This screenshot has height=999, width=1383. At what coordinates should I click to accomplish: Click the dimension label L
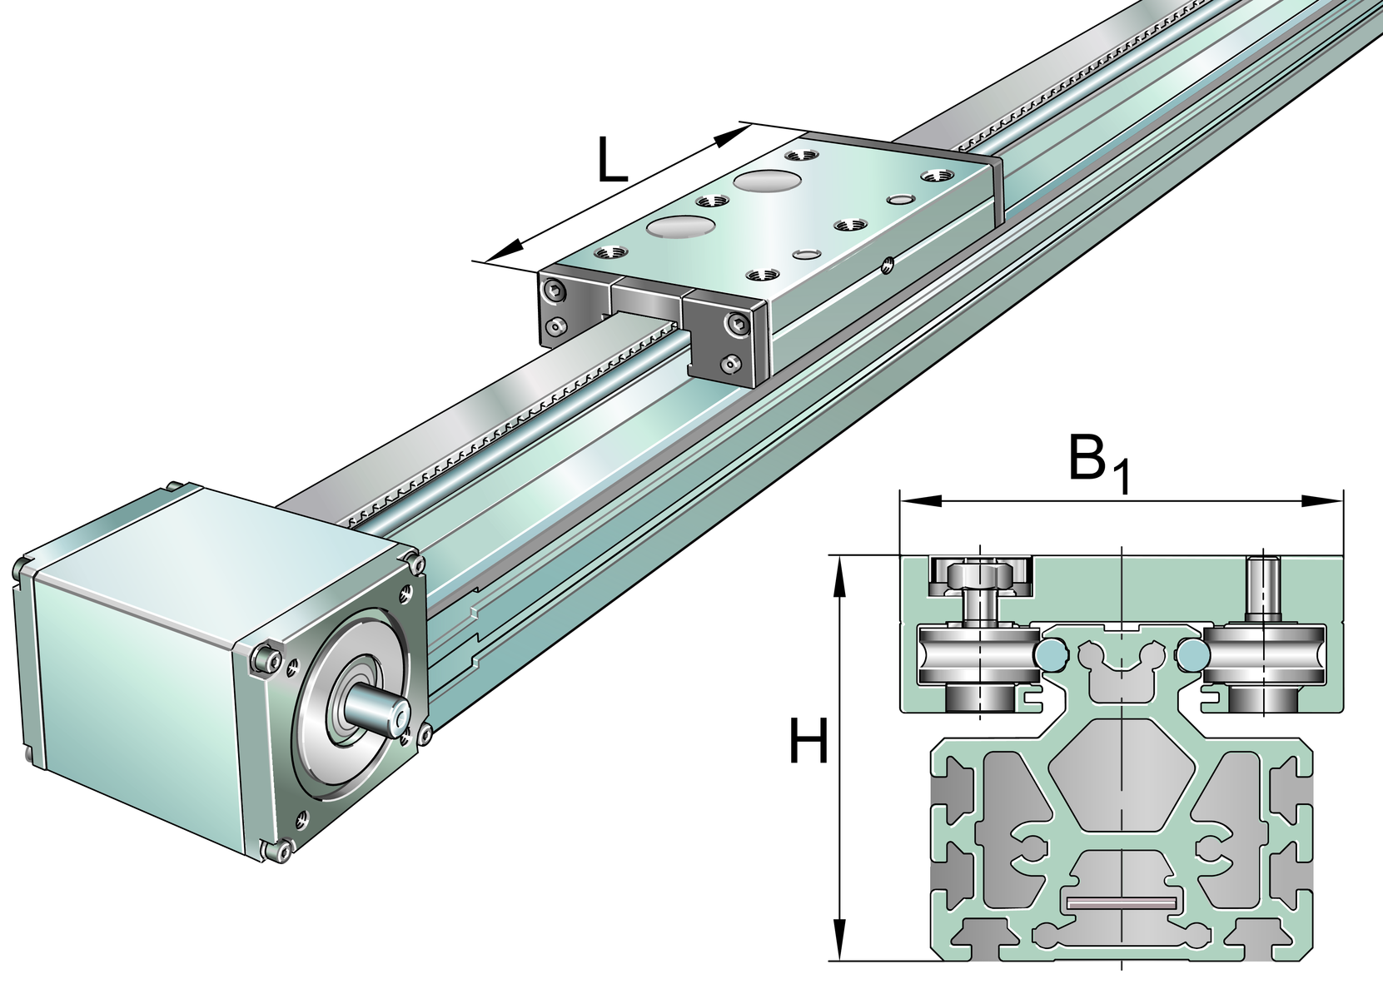pos(611,162)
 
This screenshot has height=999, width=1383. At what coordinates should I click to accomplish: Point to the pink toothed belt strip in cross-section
pos(1121,903)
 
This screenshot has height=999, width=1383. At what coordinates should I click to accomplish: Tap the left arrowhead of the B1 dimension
pos(919,501)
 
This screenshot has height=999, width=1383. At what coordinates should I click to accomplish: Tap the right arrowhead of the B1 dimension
pos(1324,501)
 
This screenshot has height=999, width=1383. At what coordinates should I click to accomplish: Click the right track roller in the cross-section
pos(1266,654)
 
